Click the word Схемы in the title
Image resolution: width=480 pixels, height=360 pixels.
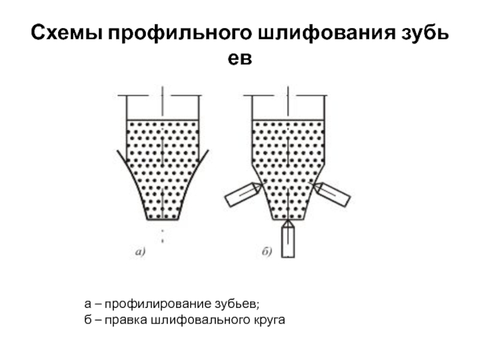(x=66, y=34)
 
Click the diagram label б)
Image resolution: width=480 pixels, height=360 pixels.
(x=268, y=252)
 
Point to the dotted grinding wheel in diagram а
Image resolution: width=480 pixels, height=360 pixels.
(x=163, y=162)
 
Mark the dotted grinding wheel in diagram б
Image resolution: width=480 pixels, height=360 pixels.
(x=289, y=162)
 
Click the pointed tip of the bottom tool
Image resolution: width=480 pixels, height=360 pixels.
(x=289, y=221)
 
